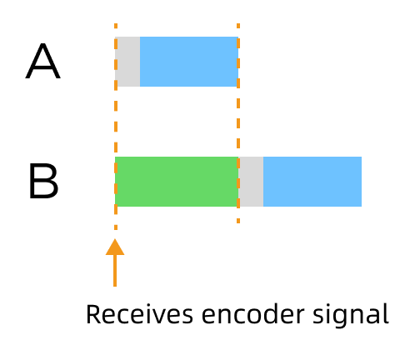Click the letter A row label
[x=43, y=63]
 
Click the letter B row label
[x=43, y=182]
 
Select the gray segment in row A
[x=128, y=62]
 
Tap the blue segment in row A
[x=189, y=62]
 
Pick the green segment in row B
[x=177, y=182]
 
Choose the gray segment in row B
[x=251, y=182]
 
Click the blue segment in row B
[x=312, y=182]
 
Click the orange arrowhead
[x=115, y=247]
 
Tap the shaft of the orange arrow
[x=115, y=271]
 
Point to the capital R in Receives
[x=92, y=315]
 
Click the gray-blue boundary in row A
[x=140, y=62]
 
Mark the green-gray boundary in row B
[x=238, y=182]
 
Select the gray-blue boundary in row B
[x=263, y=182]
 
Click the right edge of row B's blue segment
[x=361, y=182]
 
